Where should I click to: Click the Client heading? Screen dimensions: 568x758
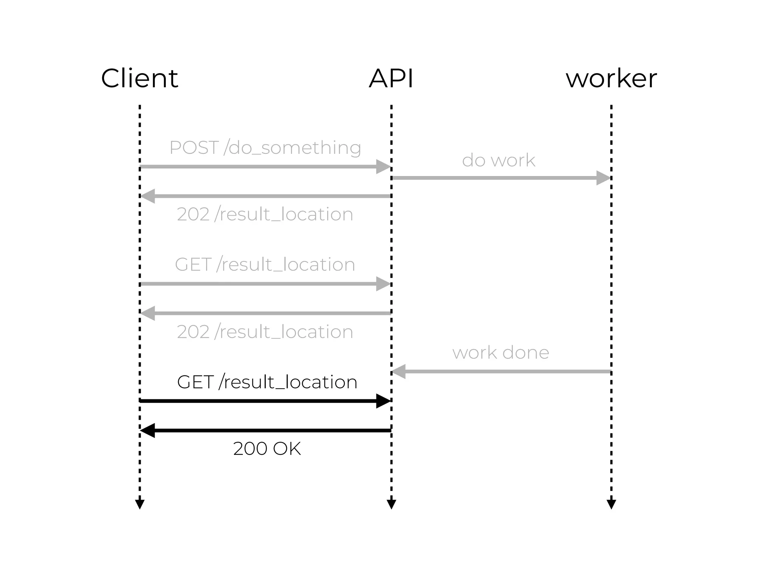tap(140, 78)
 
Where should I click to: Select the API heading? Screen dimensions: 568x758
tap(391, 78)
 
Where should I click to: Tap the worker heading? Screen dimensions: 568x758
tap(611, 78)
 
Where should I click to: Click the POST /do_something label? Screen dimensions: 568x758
tap(265, 148)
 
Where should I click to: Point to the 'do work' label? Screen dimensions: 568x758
tap(499, 160)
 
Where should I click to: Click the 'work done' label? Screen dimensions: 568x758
tap(501, 352)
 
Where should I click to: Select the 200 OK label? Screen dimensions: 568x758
tap(267, 449)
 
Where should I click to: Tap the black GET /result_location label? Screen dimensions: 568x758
tap(267, 382)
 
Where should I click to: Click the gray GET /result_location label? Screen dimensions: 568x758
tap(265, 264)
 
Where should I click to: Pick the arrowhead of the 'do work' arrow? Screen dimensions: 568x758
tap(603, 178)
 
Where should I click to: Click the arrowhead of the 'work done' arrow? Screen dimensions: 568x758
tap(399, 371)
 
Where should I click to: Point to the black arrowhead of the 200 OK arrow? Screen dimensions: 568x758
tap(148, 430)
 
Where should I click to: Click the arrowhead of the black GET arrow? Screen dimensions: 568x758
tap(383, 401)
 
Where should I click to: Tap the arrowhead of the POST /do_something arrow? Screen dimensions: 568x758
tap(383, 166)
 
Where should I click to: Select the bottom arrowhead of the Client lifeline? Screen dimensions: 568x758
tap(140, 504)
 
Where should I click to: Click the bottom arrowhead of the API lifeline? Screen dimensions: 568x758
tap(391, 504)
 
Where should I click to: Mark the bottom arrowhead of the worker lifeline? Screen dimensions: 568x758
tap(611, 504)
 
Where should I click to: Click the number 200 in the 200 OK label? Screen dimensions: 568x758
tap(250, 449)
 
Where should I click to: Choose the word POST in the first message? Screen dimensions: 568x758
tap(194, 148)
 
